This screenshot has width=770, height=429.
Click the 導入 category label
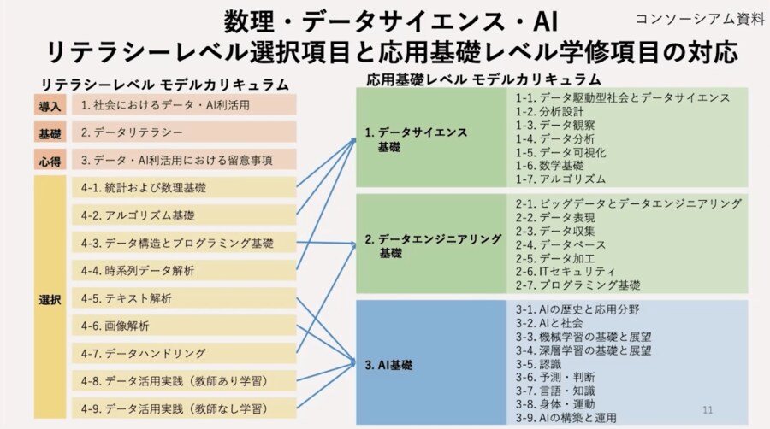coord(50,105)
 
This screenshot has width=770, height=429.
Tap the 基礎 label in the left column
coord(50,132)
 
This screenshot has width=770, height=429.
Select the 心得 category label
coord(50,161)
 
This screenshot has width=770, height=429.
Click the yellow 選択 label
coord(50,299)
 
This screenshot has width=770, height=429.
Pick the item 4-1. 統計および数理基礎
coord(144,188)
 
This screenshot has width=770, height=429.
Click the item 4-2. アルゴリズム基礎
coord(138,215)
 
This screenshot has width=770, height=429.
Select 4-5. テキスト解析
coord(127,298)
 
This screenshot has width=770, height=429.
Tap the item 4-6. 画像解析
coord(115,326)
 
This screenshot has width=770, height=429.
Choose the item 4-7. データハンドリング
coord(144,353)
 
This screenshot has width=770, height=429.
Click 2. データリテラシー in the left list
coord(132,132)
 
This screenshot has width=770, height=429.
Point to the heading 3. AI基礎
coord(388,365)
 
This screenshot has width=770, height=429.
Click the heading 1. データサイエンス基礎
coord(416,139)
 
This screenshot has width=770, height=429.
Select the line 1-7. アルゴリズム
coord(560,179)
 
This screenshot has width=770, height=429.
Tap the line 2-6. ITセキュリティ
coord(566,271)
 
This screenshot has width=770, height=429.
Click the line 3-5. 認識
coord(538,364)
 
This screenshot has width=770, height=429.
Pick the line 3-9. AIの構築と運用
coord(566,418)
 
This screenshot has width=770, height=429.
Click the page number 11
coord(708,410)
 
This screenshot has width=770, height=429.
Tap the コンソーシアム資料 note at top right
coord(700,19)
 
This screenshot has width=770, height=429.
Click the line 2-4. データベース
coord(560,244)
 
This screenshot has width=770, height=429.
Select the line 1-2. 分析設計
coord(549,111)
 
